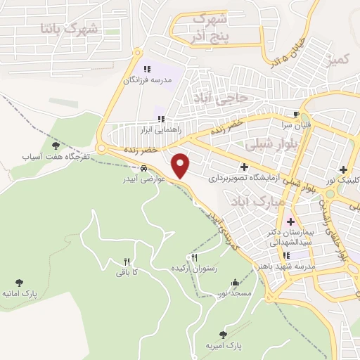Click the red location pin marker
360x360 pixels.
181,166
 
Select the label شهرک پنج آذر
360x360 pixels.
210,26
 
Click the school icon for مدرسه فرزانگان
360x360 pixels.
148,69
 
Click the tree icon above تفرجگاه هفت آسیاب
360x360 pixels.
66,145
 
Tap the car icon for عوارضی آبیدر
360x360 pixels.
143,169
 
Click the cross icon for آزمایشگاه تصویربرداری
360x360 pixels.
244,167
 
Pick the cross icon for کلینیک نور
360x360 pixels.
343,169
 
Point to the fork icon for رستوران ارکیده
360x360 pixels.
194,258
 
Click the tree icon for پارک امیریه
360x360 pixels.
224,335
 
